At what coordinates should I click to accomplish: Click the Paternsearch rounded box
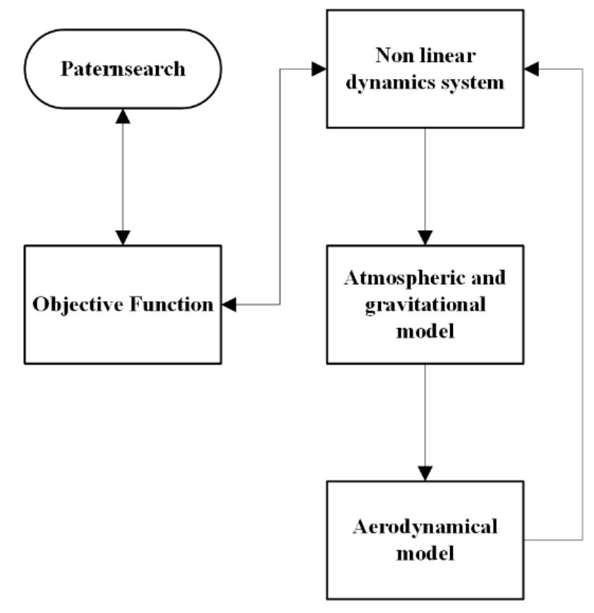point(123,69)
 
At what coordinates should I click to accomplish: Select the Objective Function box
point(123,304)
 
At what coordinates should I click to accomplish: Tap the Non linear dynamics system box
point(425,68)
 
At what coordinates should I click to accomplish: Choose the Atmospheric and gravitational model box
point(425,304)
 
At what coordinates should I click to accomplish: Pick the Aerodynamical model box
point(425,540)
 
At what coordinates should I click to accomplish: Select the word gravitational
point(425,304)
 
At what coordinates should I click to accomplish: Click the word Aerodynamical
point(425,526)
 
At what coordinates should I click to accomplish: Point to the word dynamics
point(401,83)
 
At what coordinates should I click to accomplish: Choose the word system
point(477,83)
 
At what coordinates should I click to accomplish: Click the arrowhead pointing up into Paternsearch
point(123,116)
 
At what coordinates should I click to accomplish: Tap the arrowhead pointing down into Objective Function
point(123,238)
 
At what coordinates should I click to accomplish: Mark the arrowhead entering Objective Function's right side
point(229,305)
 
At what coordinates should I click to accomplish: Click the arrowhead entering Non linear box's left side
point(318,68)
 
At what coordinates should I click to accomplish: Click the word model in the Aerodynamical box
point(425,553)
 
